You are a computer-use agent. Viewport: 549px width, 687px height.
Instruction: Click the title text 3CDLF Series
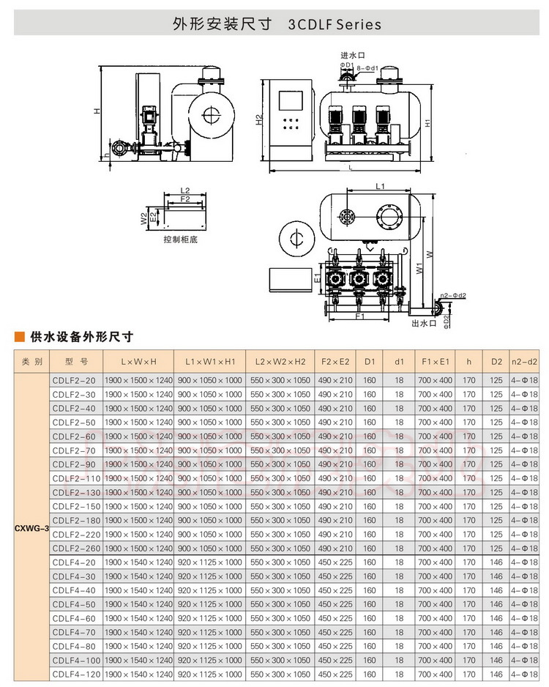pyautogui.click(x=335, y=24)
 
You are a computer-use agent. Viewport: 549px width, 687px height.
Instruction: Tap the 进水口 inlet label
pyautogui.click(x=352, y=56)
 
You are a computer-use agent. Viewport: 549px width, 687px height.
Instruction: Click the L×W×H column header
pyautogui.click(x=138, y=362)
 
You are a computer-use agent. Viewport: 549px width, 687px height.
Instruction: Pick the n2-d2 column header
pyautogui.click(x=523, y=362)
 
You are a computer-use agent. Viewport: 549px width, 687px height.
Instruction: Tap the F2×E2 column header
pyautogui.click(x=336, y=362)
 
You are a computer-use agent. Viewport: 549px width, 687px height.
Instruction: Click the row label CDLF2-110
pyautogui.click(x=74, y=478)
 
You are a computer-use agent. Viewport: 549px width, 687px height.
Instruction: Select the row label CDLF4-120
pyautogui.click(x=74, y=674)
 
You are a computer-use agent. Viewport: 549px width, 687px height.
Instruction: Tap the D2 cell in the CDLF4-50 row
pyautogui.click(x=496, y=604)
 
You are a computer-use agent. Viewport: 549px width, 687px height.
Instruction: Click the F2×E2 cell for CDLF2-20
pyautogui.click(x=336, y=380)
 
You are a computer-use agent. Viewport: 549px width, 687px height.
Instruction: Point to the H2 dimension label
pyautogui.click(x=258, y=120)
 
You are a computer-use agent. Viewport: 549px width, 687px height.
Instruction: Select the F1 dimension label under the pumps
pyautogui.click(x=359, y=317)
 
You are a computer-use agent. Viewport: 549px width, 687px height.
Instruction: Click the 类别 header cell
pyautogui.click(x=32, y=362)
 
